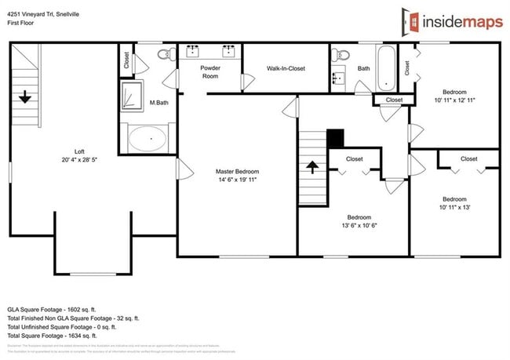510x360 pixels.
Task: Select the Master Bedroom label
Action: click(237, 171)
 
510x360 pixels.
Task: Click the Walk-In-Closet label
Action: click(286, 69)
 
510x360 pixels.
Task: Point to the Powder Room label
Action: click(210, 72)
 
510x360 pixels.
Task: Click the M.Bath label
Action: click(159, 103)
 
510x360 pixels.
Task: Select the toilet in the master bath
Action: click(164, 54)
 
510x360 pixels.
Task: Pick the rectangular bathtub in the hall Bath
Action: click(387, 69)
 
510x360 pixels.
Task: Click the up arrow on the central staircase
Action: click(311, 166)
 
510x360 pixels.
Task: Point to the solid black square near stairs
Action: click(335, 138)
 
